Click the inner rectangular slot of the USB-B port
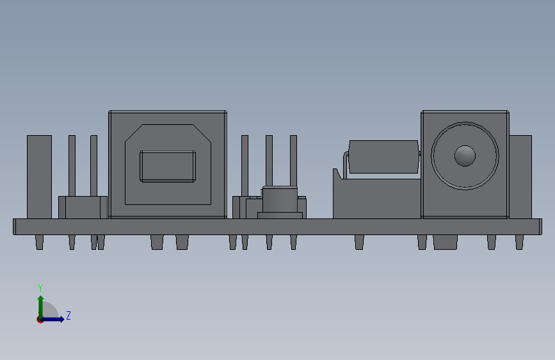tap(167, 167)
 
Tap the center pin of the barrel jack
tap(465, 155)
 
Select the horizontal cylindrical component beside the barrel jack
tap(383, 156)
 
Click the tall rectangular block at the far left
tap(39, 176)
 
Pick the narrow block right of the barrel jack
tap(520, 176)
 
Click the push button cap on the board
tap(280, 199)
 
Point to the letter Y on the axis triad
tap(40, 288)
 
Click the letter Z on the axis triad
tap(68, 315)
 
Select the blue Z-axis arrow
tap(54, 319)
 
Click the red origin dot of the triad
tap(40, 320)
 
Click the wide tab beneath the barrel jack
tap(445, 242)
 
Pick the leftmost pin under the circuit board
tap(39, 242)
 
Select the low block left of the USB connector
tap(83, 207)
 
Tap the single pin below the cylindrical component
tap(359, 242)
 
